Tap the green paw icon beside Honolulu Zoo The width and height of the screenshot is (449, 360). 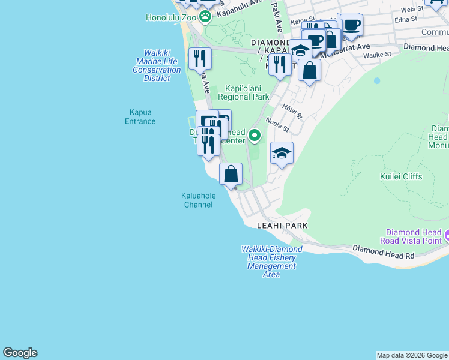[206, 17]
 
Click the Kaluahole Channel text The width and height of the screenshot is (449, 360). [197, 200]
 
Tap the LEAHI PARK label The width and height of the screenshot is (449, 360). [282, 226]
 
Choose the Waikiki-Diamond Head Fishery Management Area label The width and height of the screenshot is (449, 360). [271, 262]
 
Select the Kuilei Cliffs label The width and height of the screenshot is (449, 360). [401, 176]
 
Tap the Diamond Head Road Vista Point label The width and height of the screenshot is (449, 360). [414, 236]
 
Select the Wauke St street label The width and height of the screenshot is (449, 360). [379, 54]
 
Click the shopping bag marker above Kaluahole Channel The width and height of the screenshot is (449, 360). [231, 175]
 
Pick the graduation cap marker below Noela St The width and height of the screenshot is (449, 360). [282, 154]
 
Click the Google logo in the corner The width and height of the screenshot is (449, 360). [20, 353]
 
